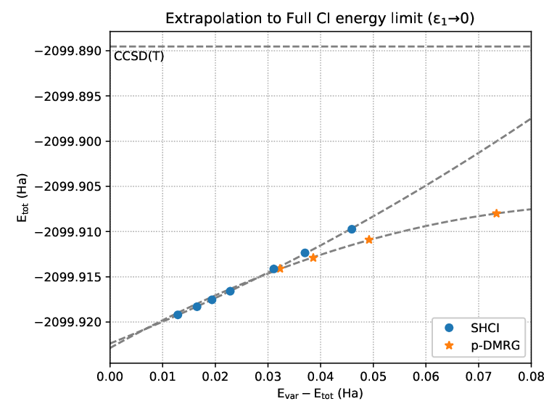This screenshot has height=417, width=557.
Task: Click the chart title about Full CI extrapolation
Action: click(x=320, y=18)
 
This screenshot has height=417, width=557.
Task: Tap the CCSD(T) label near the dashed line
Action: click(x=139, y=56)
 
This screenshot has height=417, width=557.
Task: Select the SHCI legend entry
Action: click(x=485, y=328)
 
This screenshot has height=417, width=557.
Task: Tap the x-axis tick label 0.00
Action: click(x=110, y=376)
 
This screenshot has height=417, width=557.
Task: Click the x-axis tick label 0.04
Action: click(x=321, y=376)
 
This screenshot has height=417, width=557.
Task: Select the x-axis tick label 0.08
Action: click(x=531, y=376)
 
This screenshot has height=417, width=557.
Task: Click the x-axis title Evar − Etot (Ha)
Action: click(x=320, y=394)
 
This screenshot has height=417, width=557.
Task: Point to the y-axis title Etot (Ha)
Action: click(x=22, y=197)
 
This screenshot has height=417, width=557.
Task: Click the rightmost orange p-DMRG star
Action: click(x=496, y=213)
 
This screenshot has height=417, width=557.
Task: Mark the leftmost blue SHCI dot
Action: click(x=178, y=315)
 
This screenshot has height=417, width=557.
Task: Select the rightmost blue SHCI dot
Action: click(x=352, y=229)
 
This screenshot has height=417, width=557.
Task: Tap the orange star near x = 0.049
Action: click(x=369, y=240)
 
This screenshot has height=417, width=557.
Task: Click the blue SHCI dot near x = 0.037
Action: click(x=305, y=253)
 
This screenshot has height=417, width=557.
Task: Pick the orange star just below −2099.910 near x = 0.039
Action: click(x=313, y=258)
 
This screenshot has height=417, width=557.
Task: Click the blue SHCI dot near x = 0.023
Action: click(x=230, y=292)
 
